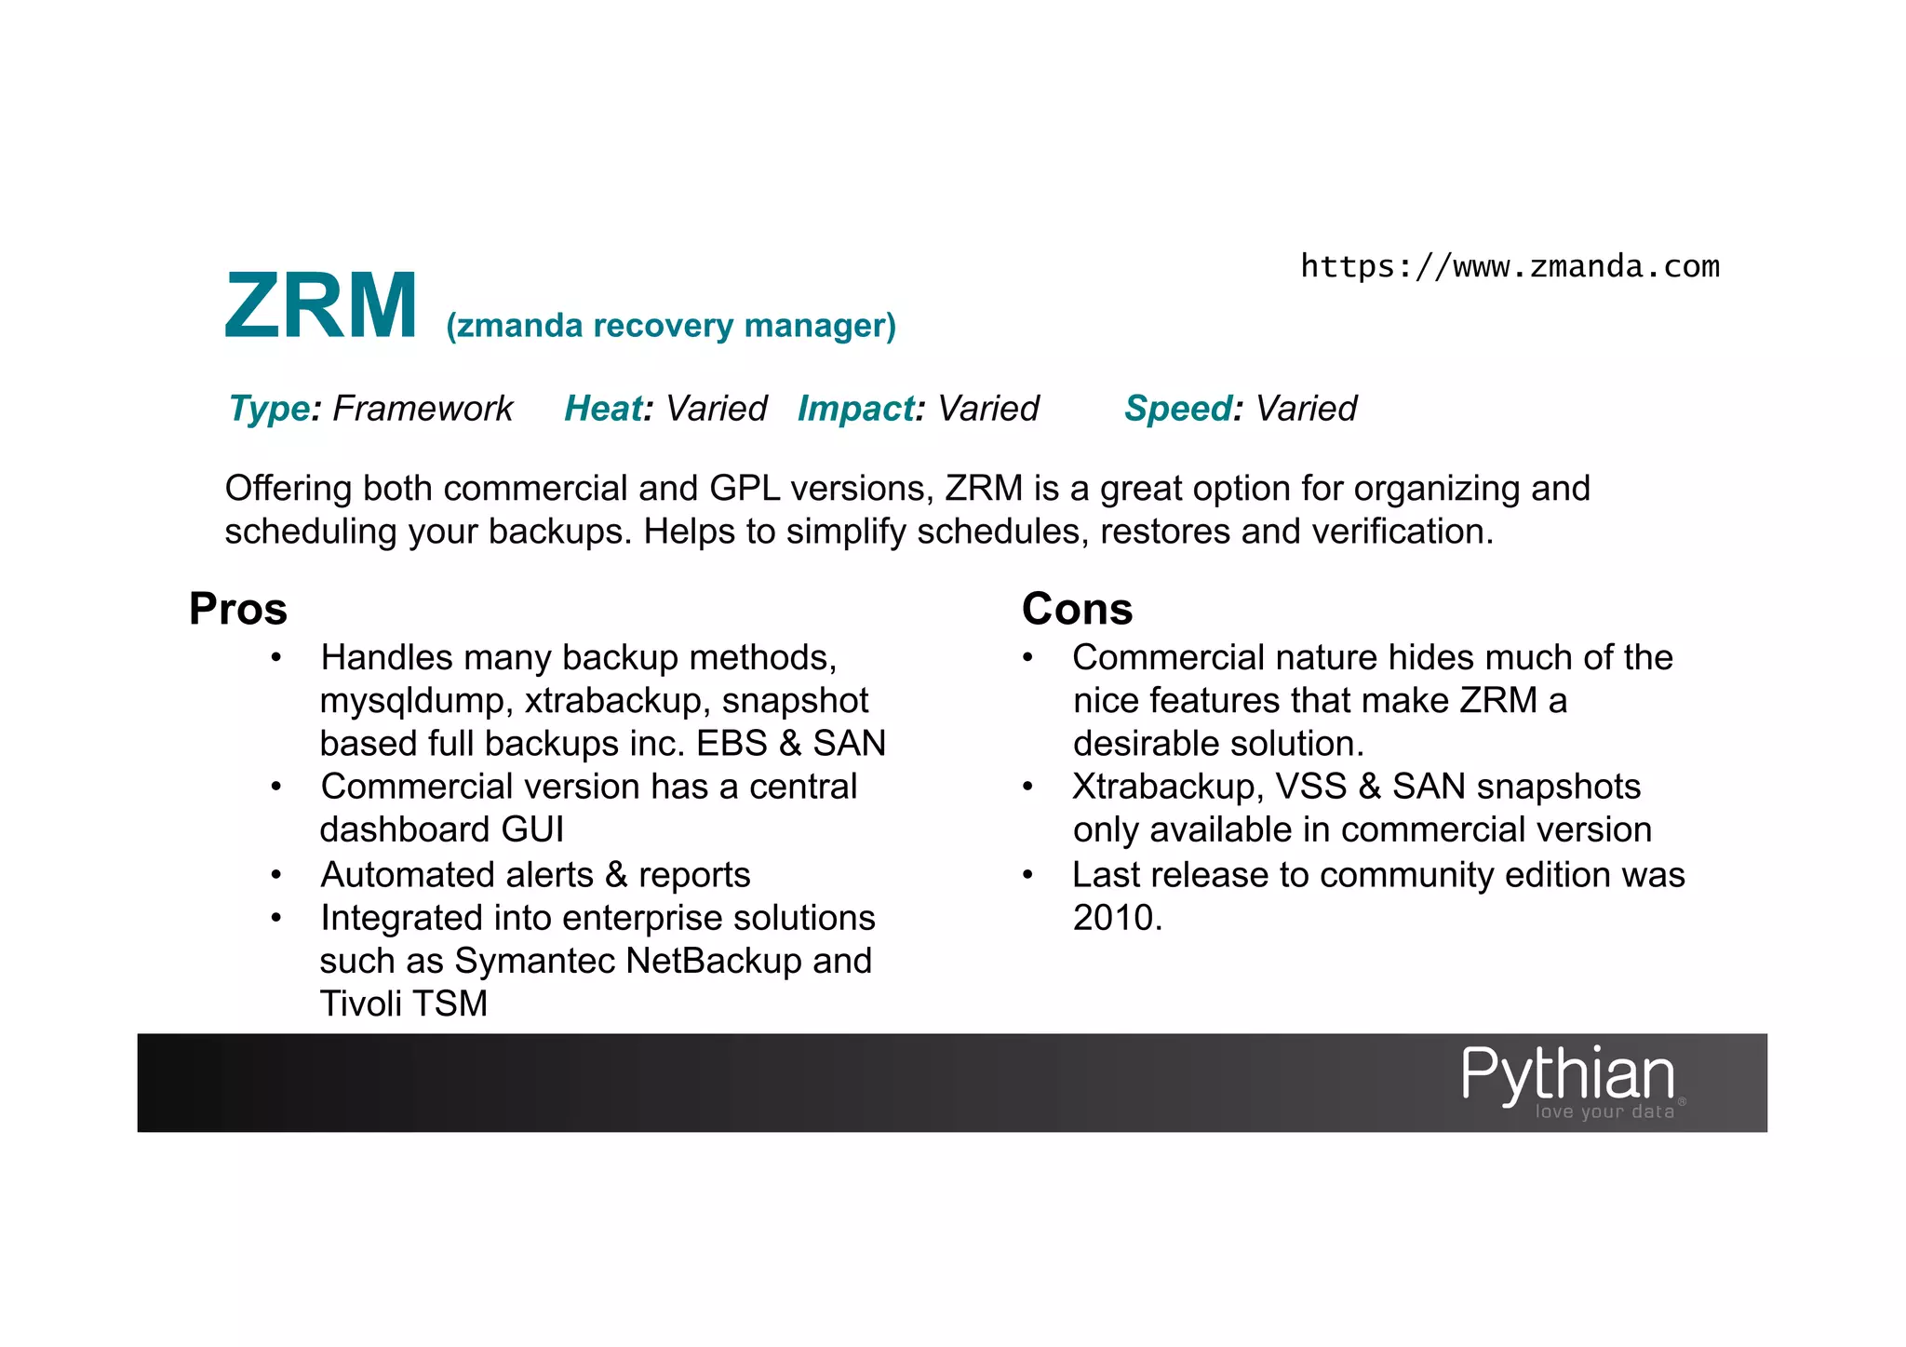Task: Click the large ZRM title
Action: pos(321,306)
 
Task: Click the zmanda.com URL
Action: pos(1509,267)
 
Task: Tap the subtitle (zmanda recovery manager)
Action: pos(670,326)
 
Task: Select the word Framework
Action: pos(423,409)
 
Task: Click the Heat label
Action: pos(603,409)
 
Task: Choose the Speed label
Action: pos(1178,409)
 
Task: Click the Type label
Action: pos(269,409)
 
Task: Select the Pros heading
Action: pos(238,609)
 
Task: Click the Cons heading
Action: pos(1077,609)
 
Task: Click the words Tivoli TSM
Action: pos(404,1004)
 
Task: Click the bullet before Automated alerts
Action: pos(276,875)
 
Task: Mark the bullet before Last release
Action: pos(1027,875)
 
